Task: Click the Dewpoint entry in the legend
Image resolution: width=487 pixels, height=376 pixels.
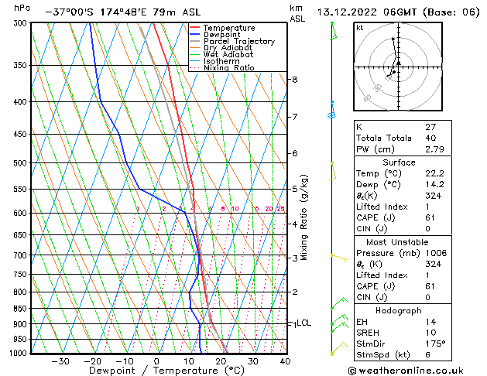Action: click(x=224, y=35)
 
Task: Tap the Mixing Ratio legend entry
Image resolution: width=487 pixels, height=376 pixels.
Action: click(x=229, y=68)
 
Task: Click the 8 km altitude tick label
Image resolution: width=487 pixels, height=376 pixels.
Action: click(x=295, y=80)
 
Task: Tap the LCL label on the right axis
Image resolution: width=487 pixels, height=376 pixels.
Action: click(x=304, y=323)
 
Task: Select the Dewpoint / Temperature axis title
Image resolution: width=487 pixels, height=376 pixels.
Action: click(x=156, y=371)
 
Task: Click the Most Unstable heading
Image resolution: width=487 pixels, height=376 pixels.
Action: click(x=417, y=241)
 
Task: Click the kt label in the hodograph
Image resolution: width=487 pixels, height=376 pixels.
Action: click(x=360, y=28)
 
